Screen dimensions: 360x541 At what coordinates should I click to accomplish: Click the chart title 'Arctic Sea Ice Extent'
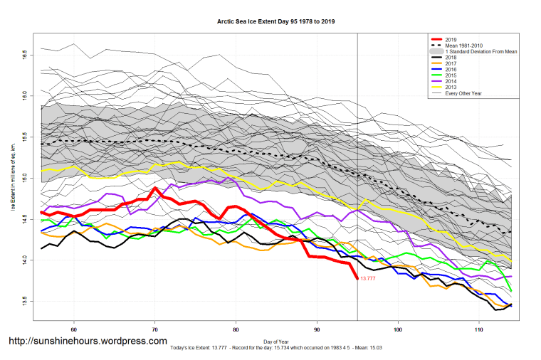pyautogui.click(x=275, y=21)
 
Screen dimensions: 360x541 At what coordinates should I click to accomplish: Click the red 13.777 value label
pyautogui.click(x=368, y=279)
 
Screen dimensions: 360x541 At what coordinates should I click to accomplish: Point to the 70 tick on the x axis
pyautogui.click(x=155, y=330)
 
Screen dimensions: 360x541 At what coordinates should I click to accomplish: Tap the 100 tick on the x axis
pyautogui.click(x=398, y=330)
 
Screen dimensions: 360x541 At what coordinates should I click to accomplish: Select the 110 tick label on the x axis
pyautogui.click(x=479, y=330)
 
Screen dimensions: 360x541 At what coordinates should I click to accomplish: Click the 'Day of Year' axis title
pyautogui.click(x=275, y=341)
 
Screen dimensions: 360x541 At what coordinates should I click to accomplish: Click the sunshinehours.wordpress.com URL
pyautogui.click(x=88, y=342)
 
